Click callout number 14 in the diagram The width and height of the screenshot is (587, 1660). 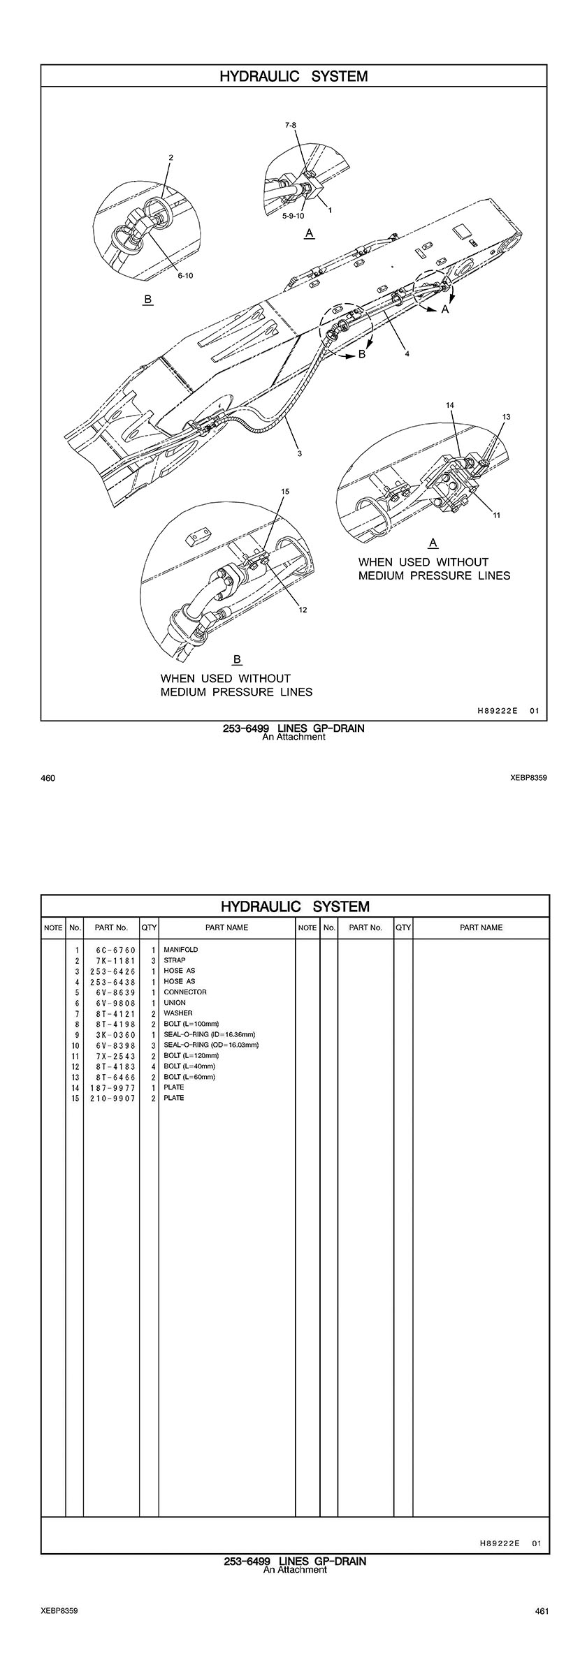click(450, 405)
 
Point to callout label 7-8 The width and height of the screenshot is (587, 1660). click(291, 125)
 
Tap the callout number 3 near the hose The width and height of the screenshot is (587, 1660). click(299, 454)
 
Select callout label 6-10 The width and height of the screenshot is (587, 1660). click(185, 276)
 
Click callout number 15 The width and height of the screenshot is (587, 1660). click(285, 492)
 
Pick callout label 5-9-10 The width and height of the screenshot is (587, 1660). click(293, 216)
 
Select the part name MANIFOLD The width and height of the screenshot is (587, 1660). click(181, 950)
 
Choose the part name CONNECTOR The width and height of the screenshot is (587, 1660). click(185, 992)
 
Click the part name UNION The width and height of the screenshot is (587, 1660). click(175, 1002)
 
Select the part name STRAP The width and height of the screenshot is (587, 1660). click(175, 960)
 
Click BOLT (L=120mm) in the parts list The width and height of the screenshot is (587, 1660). click(191, 1055)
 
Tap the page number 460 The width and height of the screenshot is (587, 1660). click(48, 778)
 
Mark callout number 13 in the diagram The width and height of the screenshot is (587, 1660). click(506, 417)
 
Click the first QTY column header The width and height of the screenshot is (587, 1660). click(149, 927)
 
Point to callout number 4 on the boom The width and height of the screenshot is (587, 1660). click(407, 354)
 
